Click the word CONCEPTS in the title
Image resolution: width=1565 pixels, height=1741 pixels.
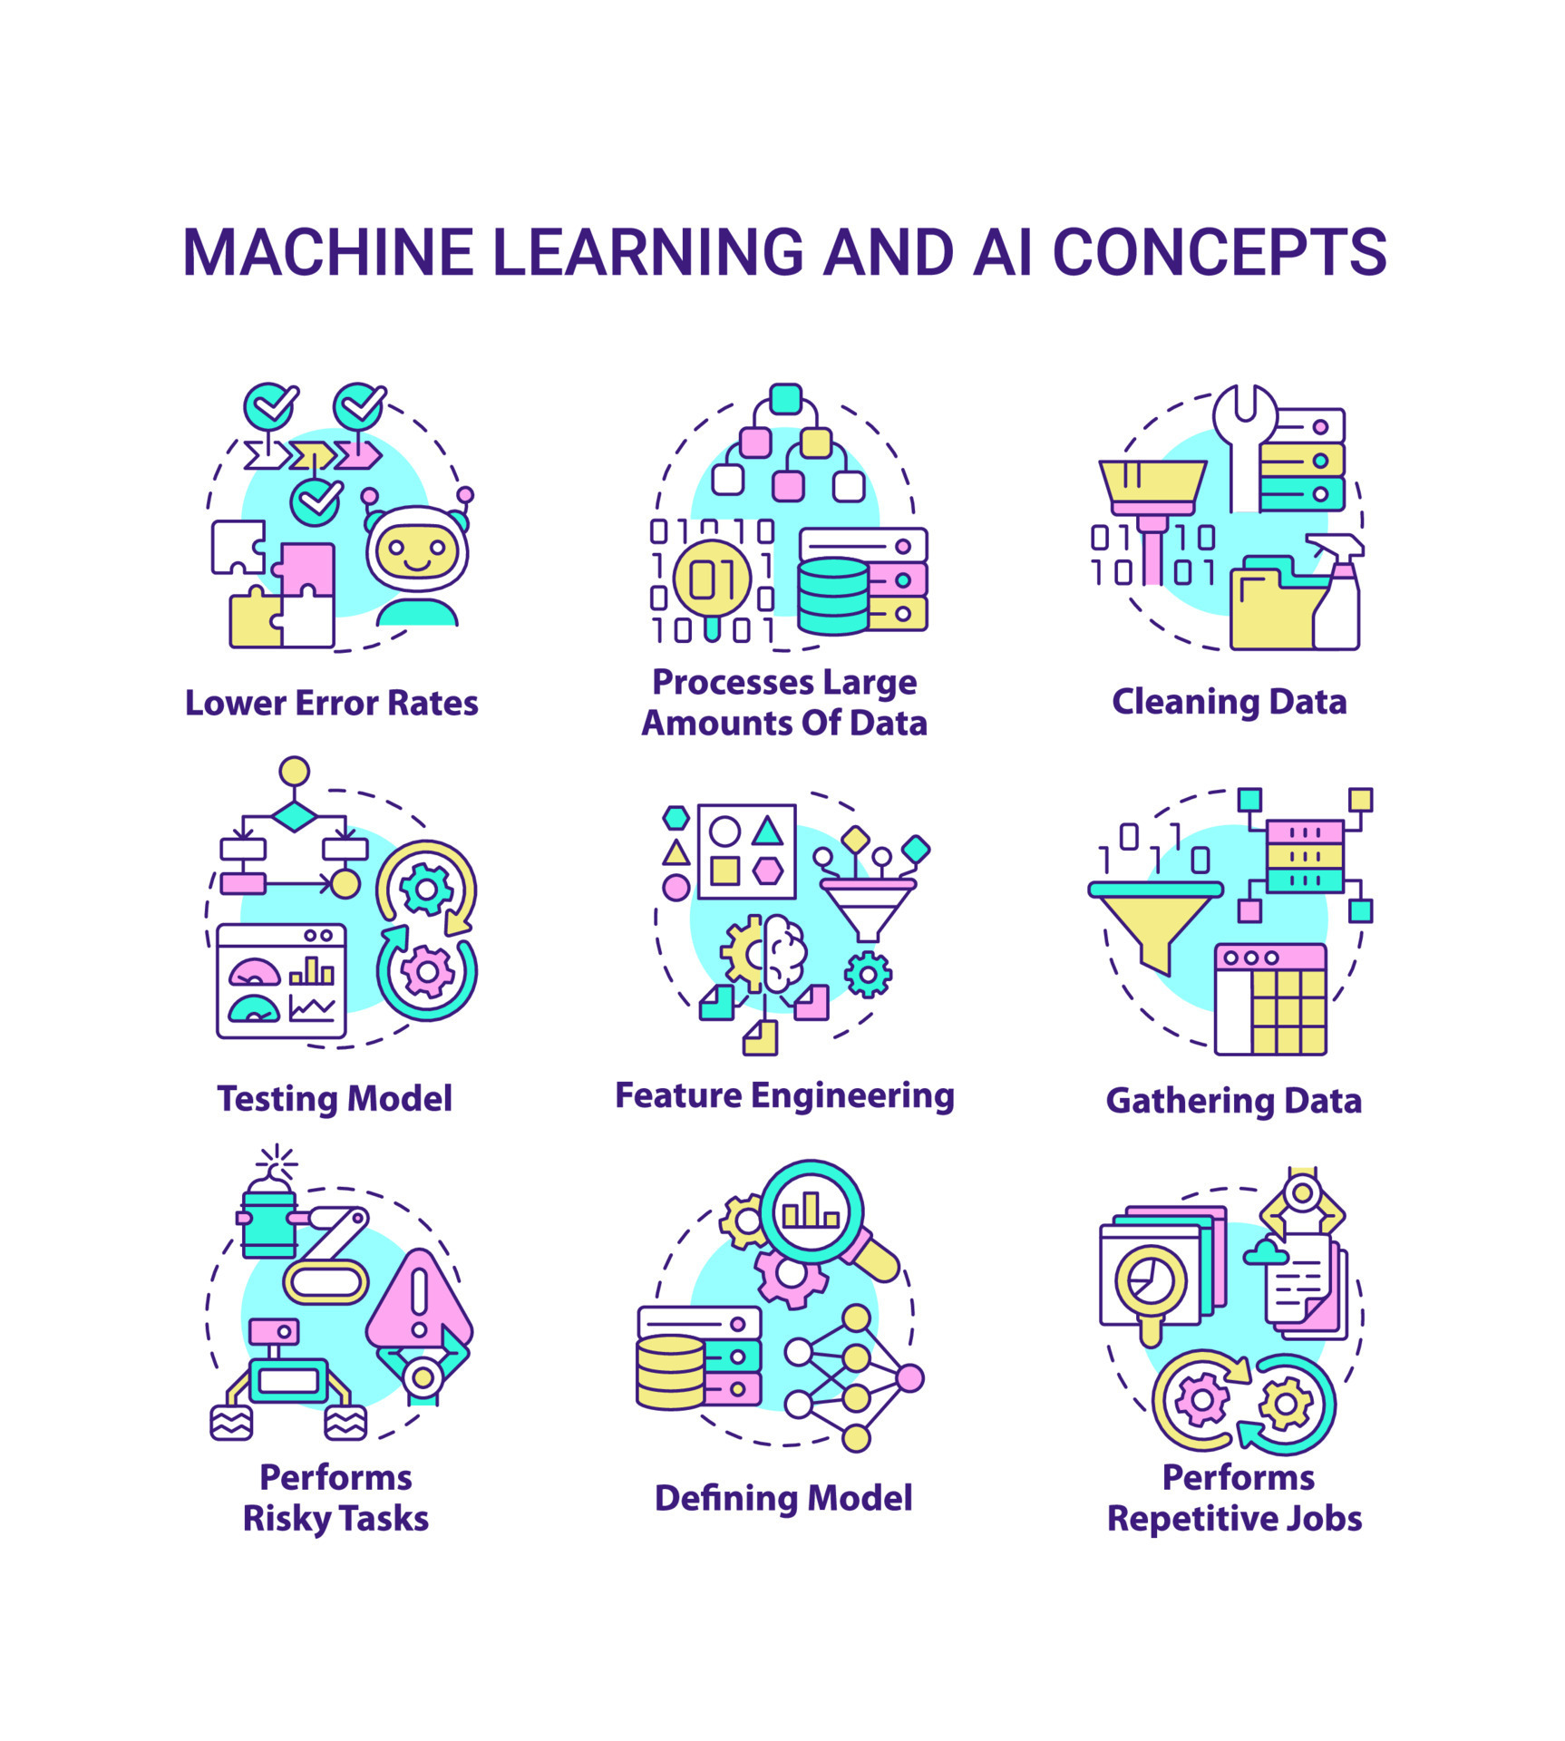pyautogui.click(x=1219, y=252)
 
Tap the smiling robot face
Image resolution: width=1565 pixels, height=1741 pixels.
pyautogui.click(x=416, y=550)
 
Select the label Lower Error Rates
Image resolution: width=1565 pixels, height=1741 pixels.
pyautogui.click(x=331, y=704)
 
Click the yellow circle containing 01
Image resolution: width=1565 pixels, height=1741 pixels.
pyautogui.click(x=712, y=579)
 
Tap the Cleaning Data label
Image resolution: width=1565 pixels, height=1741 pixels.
pyautogui.click(x=1229, y=702)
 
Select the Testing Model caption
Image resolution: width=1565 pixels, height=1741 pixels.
pyautogui.click(x=335, y=1098)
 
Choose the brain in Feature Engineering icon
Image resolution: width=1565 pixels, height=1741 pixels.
pyautogui.click(x=785, y=953)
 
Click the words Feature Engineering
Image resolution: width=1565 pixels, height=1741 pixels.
pyautogui.click(x=784, y=1095)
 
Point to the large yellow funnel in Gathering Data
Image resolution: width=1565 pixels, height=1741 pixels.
pyautogui.click(x=1154, y=925)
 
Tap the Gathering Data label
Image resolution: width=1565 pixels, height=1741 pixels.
pyautogui.click(x=1233, y=1101)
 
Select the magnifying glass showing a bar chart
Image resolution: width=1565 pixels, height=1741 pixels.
pyautogui.click(x=812, y=1212)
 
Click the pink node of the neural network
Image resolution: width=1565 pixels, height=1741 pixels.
pyautogui.click(x=909, y=1378)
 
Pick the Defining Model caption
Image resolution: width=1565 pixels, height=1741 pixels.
pyautogui.click(x=783, y=1498)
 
